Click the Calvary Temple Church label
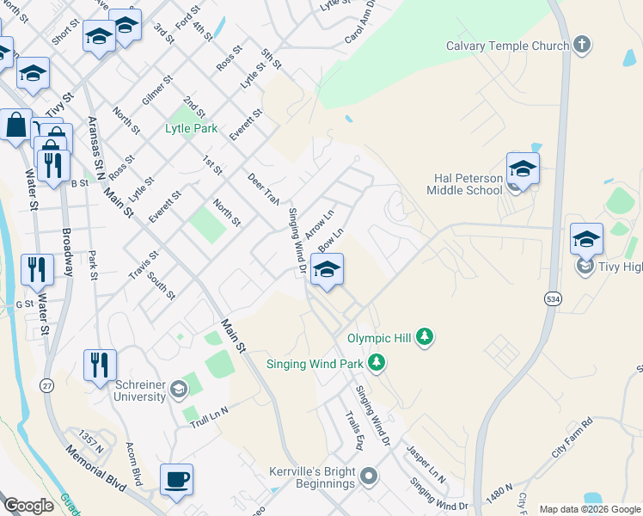[x=507, y=46]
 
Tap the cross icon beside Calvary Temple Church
[x=582, y=45]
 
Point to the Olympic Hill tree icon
[x=424, y=338]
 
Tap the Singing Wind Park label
[x=315, y=364]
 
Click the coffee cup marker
[x=176, y=479]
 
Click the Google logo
[x=28, y=506]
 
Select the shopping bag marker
[x=16, y=125]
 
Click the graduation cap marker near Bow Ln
[x=326, y=271]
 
